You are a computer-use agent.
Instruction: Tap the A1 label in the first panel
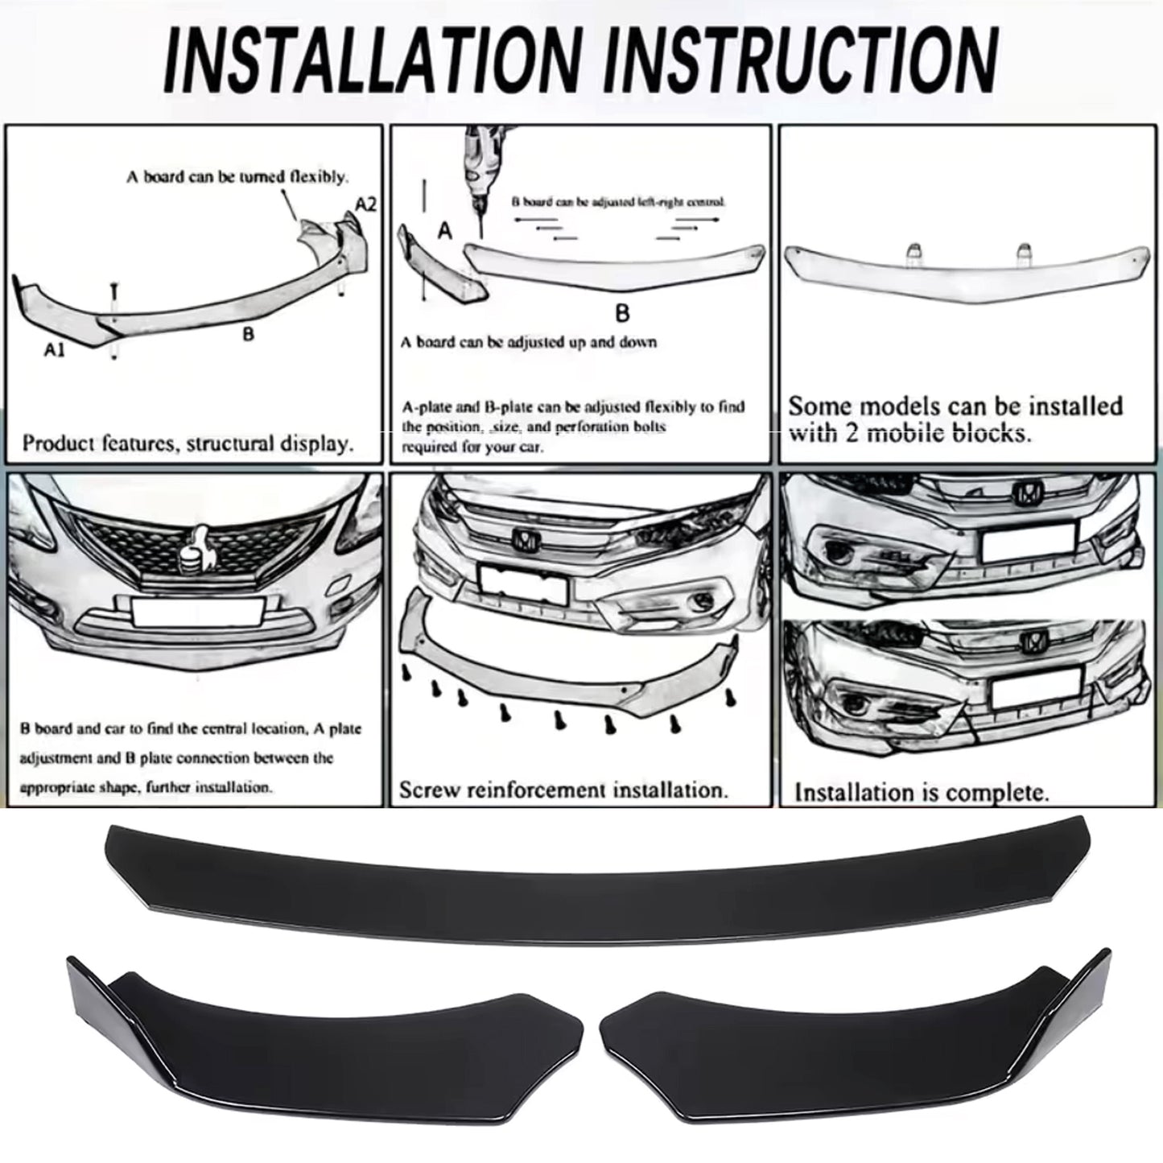point(55,349)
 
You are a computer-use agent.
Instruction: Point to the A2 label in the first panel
point(365,204)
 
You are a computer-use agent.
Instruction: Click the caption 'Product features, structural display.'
point(188,443)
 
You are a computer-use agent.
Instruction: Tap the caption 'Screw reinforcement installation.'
point(563,790)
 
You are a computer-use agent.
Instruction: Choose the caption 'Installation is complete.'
point(922,793)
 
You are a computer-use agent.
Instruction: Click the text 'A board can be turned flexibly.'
point(237,176)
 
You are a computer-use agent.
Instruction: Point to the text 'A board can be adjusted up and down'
point(529,342)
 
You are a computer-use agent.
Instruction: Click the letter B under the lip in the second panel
point(621,312)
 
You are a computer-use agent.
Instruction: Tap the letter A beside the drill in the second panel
point(444,232)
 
